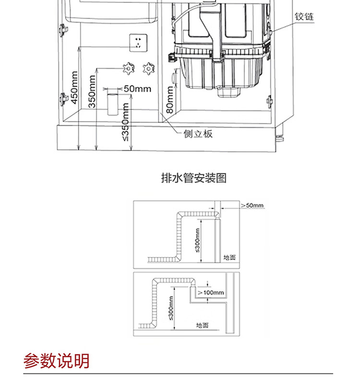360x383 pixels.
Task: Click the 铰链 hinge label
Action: (303, 16)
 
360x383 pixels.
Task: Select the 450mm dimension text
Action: (74, 87)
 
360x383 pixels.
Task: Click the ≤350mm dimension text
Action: (125, 122)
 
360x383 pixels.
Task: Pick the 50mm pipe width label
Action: (137, 88)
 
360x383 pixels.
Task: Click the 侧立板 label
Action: (198, 134)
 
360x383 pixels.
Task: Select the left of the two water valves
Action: (128, 68)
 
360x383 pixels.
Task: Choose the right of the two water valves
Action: (149, 68)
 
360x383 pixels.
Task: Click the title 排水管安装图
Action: (193, 178)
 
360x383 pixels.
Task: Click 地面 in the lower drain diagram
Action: (202, 325)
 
